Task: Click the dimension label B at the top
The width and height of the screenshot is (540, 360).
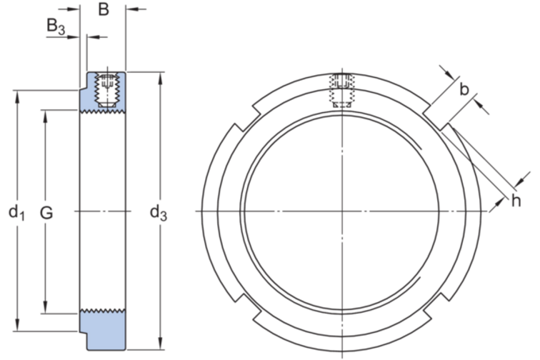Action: [104, 9]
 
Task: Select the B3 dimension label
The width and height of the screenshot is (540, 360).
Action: [56, 26]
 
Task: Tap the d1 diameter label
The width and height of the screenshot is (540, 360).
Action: [16, 212]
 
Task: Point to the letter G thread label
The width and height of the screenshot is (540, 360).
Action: [46, 213]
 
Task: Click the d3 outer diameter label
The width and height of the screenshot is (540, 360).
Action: [159, 213]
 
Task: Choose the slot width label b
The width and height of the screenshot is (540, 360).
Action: [464, 89]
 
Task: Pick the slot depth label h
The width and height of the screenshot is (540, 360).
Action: [516, 201]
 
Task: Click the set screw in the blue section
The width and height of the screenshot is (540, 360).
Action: [108, 90]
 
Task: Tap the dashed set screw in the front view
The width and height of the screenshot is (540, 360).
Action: [342, 90]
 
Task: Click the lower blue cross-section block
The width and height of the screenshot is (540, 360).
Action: [103, 330]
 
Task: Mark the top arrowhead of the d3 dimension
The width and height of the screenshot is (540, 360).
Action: [160, 79]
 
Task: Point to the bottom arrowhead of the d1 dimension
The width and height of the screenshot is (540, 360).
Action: [17, 325]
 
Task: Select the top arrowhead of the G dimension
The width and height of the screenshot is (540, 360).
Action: [45, 116]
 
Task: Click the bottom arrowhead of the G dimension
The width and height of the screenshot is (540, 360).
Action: [45, 307]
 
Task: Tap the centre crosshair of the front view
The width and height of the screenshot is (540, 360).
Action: [342, 211]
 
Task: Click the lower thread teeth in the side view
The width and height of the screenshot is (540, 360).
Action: [103, 311]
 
